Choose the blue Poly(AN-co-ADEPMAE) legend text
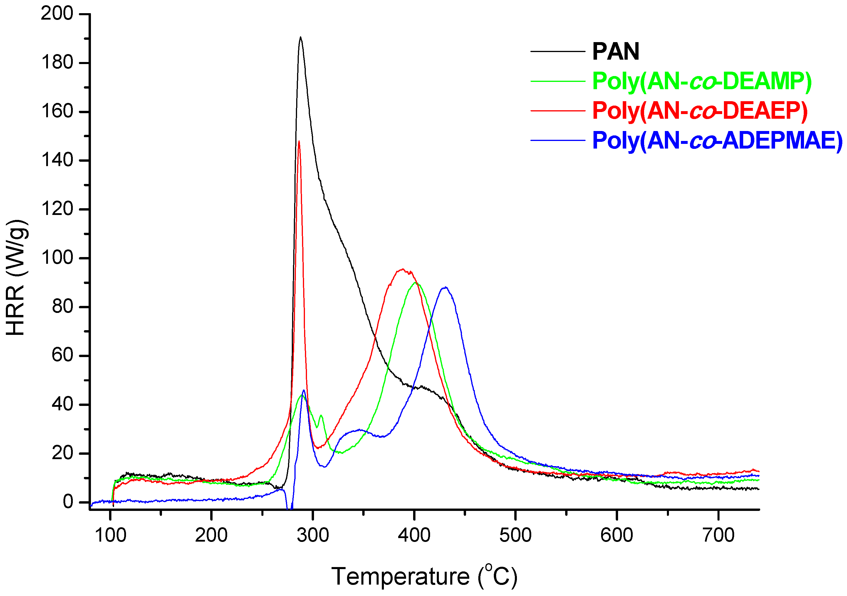tap(717, 140)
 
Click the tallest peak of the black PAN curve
tap(301, 37)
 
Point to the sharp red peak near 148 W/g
tap(299, 141)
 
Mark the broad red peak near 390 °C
tap(403, 269)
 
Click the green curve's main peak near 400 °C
tap(416, 283)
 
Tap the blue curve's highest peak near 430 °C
tap(446, 287)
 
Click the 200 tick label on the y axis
tap(57, 14)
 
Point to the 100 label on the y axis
tap(57, 258)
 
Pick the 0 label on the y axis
tap(68, 502)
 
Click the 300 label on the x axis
tap(313, 535)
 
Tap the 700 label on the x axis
tap(718, 535)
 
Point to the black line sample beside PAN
tap(558, 51)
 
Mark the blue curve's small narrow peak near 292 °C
tap(303, 390)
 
